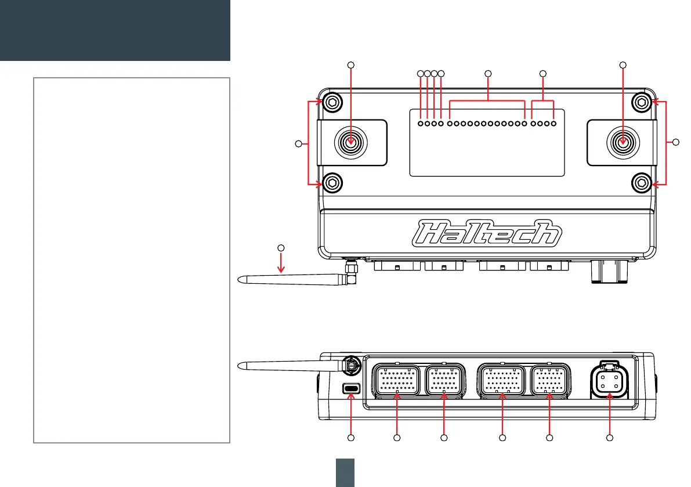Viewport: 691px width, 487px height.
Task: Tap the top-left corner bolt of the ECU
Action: tap(331, 103)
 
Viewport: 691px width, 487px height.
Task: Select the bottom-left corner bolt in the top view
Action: tap(331, 183)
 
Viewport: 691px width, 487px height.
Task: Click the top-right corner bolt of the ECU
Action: tap(641, 103)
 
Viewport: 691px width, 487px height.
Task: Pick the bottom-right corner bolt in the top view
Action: tap(641, 183)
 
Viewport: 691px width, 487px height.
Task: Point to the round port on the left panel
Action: tap(350, 142)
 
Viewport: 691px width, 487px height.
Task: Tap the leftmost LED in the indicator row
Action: tap(421, 123)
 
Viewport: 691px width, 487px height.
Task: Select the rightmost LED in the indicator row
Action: tap(554, 123)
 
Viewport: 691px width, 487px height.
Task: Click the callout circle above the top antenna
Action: tap(281, 248)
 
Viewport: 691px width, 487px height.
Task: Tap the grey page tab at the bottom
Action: tap(346, 471)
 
